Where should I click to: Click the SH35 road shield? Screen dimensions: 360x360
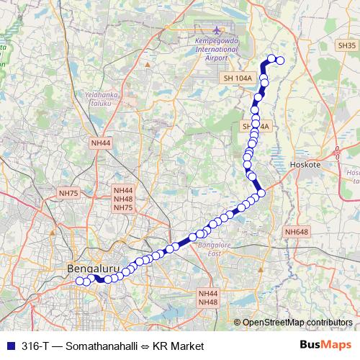(x=346, y=45)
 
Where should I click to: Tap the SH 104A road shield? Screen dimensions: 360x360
(x=238, y=78)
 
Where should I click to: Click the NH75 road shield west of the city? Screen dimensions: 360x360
(x=70, y=193)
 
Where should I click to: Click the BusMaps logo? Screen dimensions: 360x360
(x=325, y=345)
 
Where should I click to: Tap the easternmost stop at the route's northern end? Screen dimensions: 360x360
(x=281, y=61)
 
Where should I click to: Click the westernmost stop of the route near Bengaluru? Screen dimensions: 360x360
(x=79, y=282)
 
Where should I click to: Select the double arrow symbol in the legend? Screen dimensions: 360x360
(x=144, y=346)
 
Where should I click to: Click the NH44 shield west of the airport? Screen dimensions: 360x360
(x=101, y=143)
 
